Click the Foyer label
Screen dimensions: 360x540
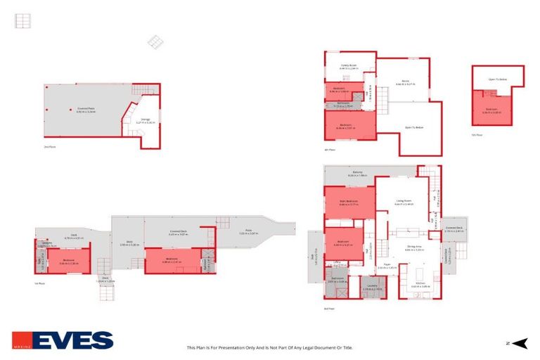click(387, 266)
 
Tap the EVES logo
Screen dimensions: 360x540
click(63, 340)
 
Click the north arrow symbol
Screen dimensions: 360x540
click(519, 343)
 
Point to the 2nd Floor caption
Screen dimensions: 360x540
click(49, 147)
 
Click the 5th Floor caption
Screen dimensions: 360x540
click(478, 135)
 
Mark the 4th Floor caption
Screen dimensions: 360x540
click(328, 150)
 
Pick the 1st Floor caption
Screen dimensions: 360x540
click(40, 283)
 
